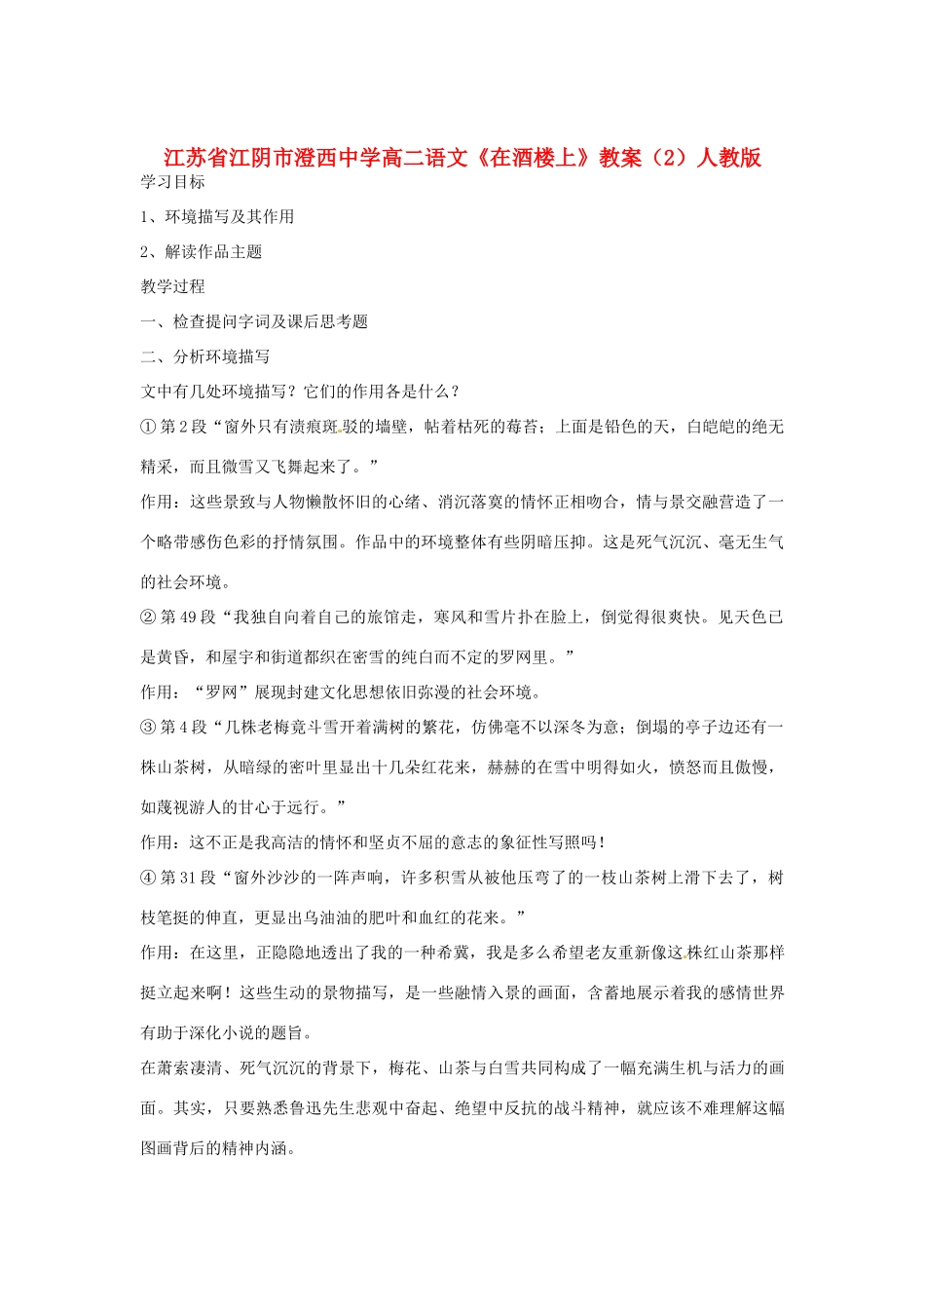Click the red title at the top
pos(462,158)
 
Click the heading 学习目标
pos(173,182)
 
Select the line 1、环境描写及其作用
pos(217,217)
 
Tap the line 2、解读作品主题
pos(202,252)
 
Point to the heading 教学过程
pos(173,286)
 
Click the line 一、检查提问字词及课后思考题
pos(254,321)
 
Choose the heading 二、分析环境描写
pos(205,356)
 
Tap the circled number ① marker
pos(148,427)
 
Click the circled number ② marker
pos(148,617)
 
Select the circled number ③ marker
pos(148,727)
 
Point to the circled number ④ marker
pos(148,878)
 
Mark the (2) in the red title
pos(669,158)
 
